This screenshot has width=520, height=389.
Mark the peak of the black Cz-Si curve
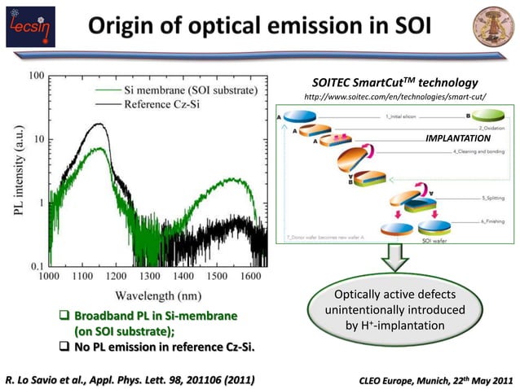click(99, 125)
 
